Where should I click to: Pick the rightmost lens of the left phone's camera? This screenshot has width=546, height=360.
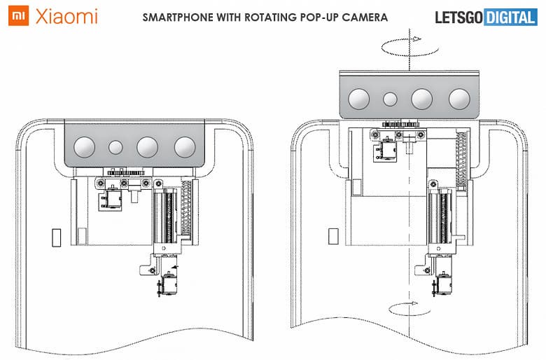[185, 146]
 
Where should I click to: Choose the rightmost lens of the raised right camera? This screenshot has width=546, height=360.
[459, 99]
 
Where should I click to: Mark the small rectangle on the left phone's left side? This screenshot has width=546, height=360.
[57, 237]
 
